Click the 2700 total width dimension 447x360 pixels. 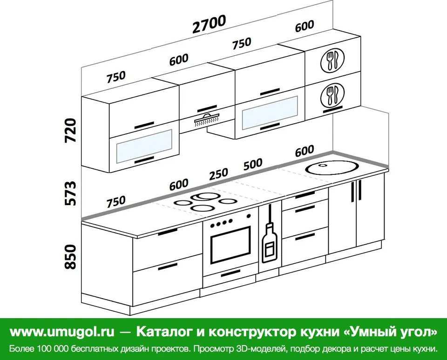tap(210, 24)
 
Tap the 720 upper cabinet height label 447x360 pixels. tap(71, 130)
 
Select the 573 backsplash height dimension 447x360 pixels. tap(71, 193)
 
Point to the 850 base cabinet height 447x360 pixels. tap(71, 257)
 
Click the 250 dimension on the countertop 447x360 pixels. tap(219, 174)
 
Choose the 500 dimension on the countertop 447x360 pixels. tap(253, 164)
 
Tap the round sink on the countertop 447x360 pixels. tap(331, 168)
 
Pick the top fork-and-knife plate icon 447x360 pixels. tap(332, 60)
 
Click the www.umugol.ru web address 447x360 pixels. tap(62, 332)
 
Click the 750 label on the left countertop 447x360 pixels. tap(116, 202)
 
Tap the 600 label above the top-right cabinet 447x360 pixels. tap(305, 26)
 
